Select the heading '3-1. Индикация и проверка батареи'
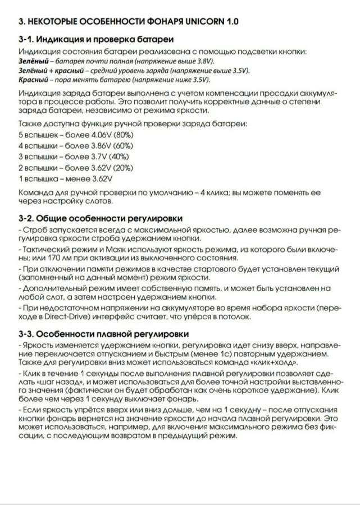95,40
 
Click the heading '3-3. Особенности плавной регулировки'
103,335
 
